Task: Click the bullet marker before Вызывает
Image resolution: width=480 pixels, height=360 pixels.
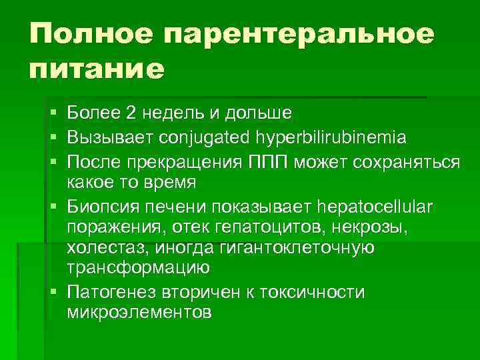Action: (53, 138)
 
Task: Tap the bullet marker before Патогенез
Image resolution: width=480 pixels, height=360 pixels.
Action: (53, 293)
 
